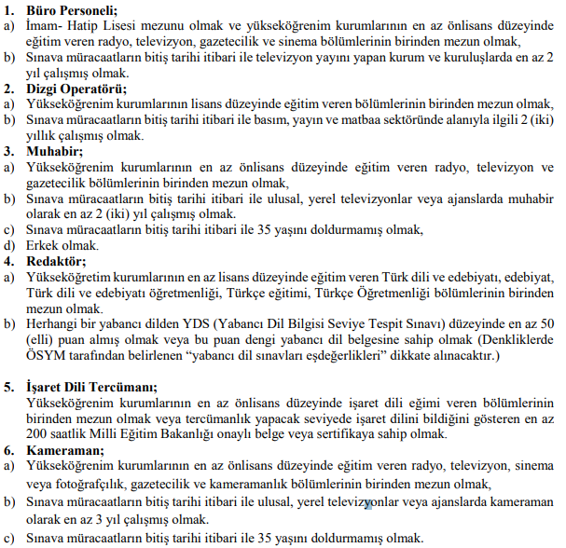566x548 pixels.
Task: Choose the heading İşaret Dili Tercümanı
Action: [92, 386]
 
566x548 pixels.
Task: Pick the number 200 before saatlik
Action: [37, 433]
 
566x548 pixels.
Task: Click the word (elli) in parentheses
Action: [40, 339]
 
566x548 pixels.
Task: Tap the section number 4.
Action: [8, 260]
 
